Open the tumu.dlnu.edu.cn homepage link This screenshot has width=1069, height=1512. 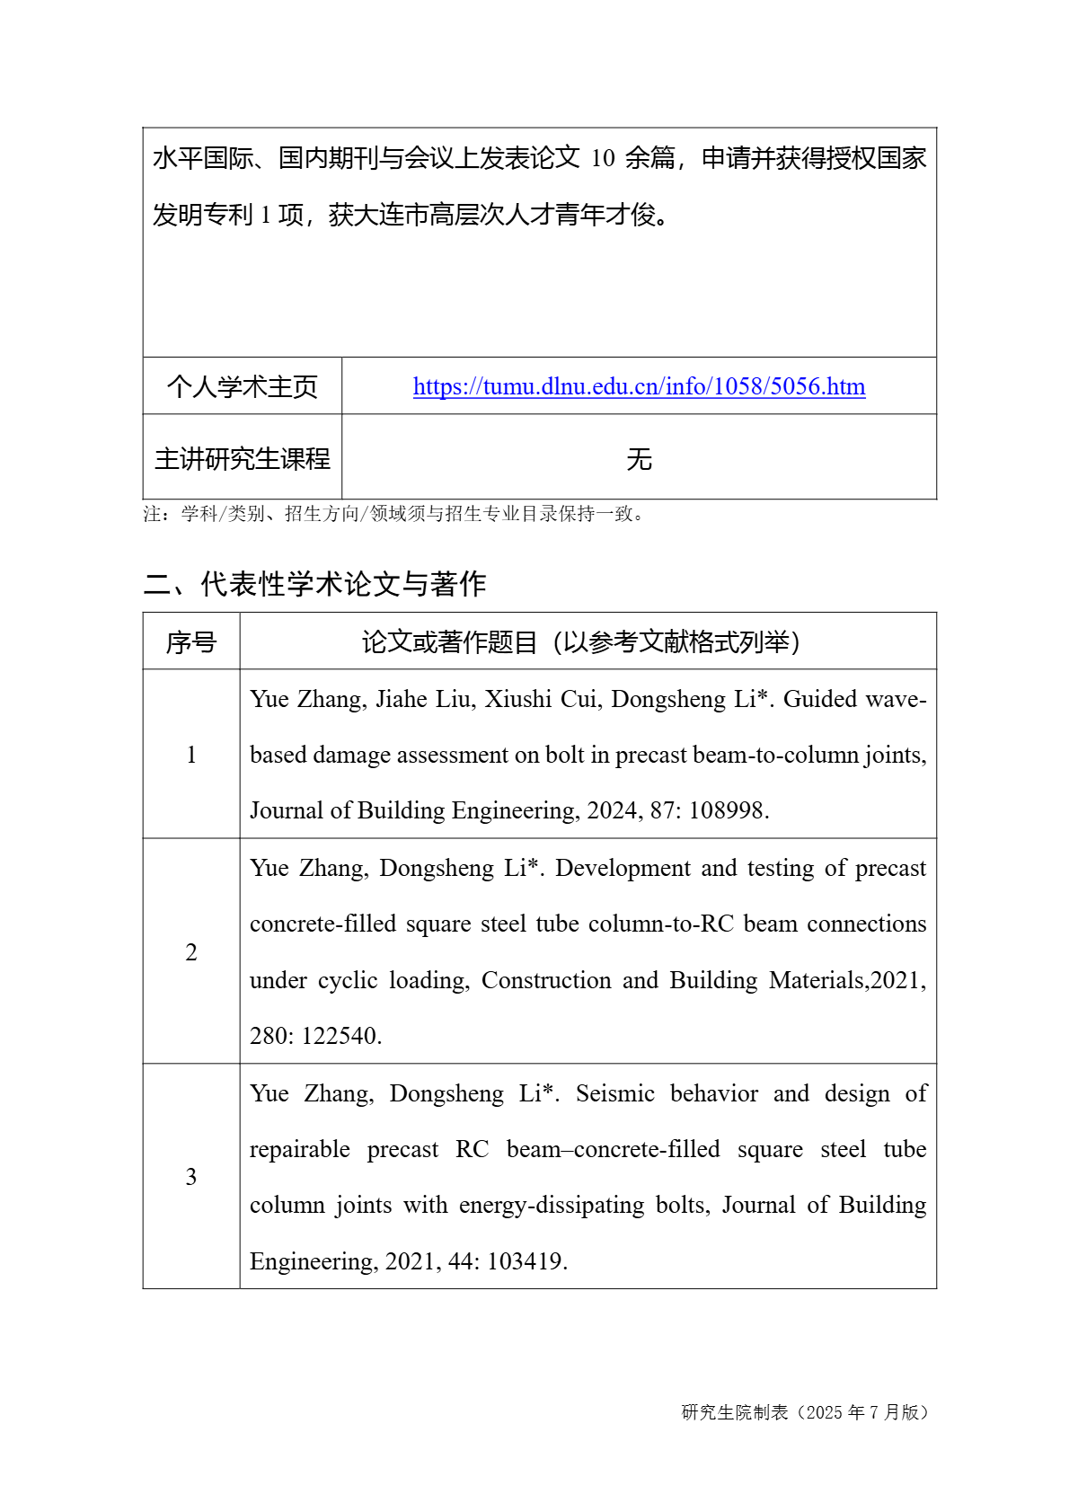click(639, 386)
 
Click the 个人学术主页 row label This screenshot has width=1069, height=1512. click(242, 386)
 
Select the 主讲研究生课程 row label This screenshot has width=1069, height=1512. click(242, 459)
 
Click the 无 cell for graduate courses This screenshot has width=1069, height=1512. click(639, 459)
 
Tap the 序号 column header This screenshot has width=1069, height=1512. click(190, 641)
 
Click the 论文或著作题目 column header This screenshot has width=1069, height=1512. click(580, 641)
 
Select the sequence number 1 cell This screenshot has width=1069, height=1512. click(190, 755)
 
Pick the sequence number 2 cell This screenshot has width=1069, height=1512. click(190, 952)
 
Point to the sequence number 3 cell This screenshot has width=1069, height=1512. click(190, 1177)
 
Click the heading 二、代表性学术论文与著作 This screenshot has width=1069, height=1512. click(314, 584)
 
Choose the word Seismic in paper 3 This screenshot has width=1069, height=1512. click(614, 1093)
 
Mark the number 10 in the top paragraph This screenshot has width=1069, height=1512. click(603, 158)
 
